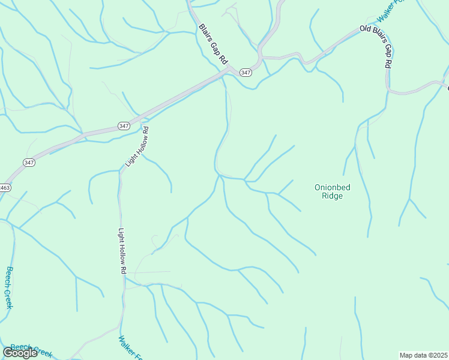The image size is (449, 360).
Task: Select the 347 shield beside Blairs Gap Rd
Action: coord(245,72)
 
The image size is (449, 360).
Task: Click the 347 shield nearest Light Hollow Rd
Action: coord(124,125)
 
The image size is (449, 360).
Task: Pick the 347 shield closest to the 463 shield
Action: coord(29,162)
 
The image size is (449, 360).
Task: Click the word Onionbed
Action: coord(332,187)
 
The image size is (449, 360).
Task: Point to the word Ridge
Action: coord(332,196)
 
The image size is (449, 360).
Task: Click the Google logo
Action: coord(20,352)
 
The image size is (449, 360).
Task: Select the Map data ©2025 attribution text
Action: coord(423,355)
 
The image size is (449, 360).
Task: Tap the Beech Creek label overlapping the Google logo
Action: coord(33,349)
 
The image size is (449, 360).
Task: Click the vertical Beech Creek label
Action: coord(9,287)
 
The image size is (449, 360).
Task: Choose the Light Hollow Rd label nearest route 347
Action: coord(137,147)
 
